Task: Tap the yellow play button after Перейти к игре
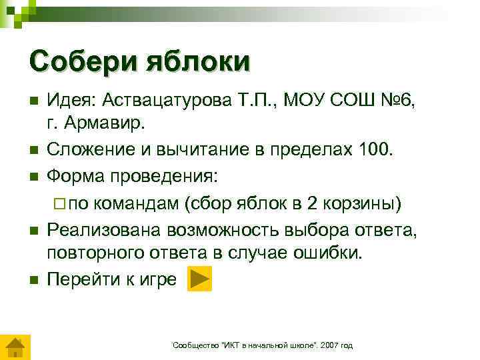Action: (x=199, y=279)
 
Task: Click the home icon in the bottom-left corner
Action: (x=14, y=348)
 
